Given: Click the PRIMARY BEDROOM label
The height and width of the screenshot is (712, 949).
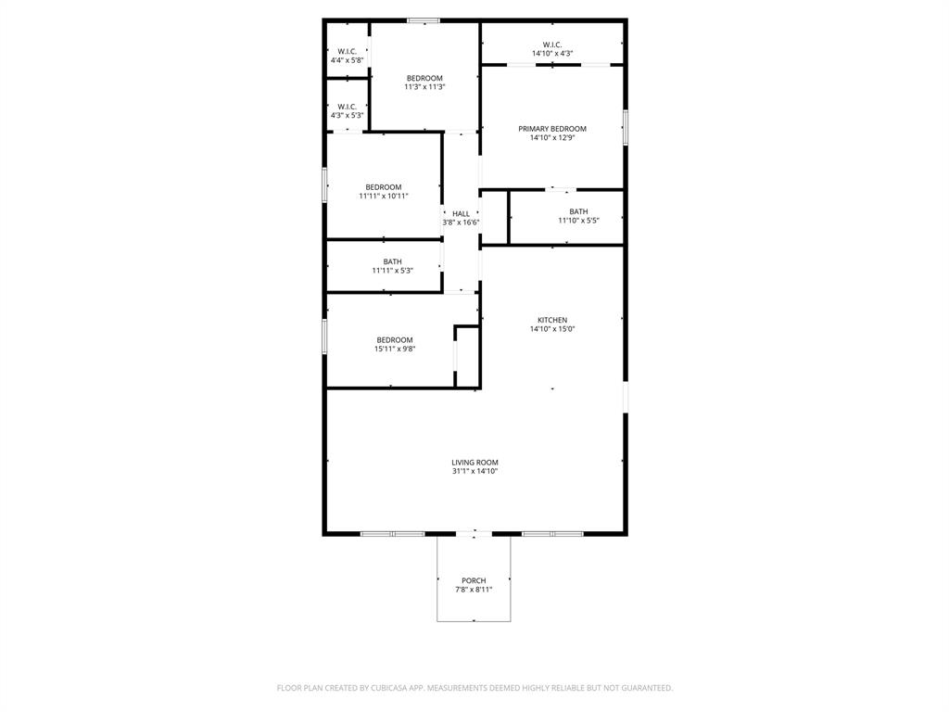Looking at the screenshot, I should [552, 129].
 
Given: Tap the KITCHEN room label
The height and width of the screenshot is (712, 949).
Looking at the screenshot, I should [552, 320].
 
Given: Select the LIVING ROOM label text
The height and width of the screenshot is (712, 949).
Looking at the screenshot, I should [474, 463].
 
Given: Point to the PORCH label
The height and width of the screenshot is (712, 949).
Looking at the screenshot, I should [474, 580].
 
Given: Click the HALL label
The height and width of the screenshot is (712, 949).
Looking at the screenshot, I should [461, 213].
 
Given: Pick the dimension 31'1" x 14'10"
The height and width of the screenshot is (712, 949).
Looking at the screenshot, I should [474, 472].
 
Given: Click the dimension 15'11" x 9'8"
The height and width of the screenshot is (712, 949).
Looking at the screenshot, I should [395, 350].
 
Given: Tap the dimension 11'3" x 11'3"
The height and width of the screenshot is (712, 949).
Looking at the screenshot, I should [424, 87].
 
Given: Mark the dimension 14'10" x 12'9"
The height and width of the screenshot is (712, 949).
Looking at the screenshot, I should [552, 138].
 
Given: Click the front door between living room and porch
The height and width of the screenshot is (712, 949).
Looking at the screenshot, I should [474, 534].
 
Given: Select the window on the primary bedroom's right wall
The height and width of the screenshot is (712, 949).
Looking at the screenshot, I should [625, 127].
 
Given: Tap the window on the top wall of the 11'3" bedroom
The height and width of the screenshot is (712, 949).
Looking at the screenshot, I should [424, 20].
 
